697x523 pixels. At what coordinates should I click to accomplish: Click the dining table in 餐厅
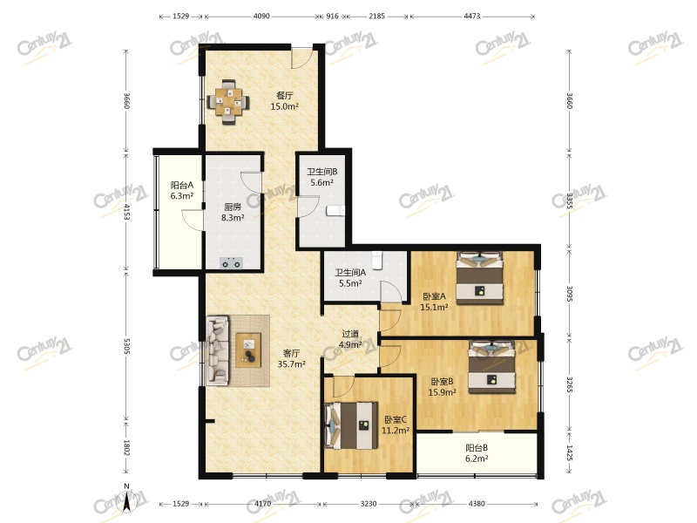[229, 102]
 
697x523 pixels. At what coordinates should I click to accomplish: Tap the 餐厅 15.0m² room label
[285, 101]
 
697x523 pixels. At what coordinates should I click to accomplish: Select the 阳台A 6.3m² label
[182, 190]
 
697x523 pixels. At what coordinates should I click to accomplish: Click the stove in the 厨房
[232, 263]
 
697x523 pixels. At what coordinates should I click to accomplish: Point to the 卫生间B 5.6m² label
[322, 177]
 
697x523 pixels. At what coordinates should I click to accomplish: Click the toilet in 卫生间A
[377, 260]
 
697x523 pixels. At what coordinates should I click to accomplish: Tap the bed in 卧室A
[480, 278]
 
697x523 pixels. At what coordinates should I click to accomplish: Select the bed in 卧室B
[492, 367]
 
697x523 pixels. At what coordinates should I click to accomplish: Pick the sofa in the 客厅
[218, 350]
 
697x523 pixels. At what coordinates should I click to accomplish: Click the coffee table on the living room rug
[248, 350]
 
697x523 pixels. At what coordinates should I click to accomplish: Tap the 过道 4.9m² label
[350, 339]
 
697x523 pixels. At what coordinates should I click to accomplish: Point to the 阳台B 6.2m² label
[477, 453]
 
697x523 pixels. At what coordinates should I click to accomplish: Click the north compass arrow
[126, 501]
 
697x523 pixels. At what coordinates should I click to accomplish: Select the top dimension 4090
[261, 16]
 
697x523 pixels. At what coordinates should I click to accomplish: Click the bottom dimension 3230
[369, 504]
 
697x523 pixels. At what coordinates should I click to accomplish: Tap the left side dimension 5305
[126, 346]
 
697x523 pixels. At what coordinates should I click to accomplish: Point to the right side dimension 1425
[569, 452]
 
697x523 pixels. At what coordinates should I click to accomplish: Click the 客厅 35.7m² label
[292, 358]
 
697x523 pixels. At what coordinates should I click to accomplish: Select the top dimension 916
[333, 16]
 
